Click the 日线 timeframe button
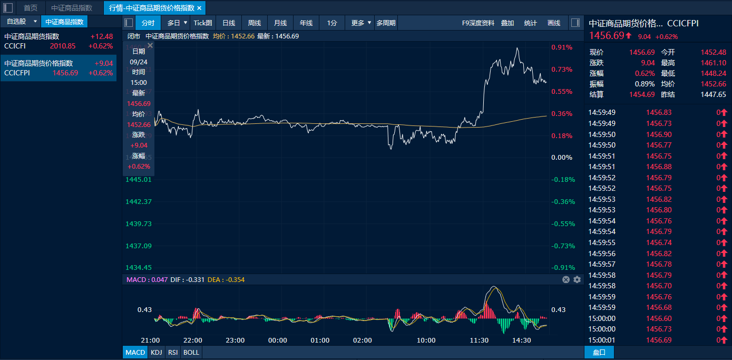pos(229,23)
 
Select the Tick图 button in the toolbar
pos(203,23)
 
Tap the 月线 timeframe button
pos(280,23)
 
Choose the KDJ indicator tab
pos(157,352)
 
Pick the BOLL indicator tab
pos(191,352)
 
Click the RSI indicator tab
pos(173,352)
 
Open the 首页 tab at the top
pos(31,8)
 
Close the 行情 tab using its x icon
pos(199,8)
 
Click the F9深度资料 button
pos(478,23)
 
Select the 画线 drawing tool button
pos(554,23)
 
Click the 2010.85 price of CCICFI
pos(63,46)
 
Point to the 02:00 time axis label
pos(363,340)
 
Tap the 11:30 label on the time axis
pos(479,340)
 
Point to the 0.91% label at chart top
pos(562,47)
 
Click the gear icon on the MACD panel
pos(577,279)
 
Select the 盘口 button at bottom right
pos(599,352)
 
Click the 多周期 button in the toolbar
pos(386,23)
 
